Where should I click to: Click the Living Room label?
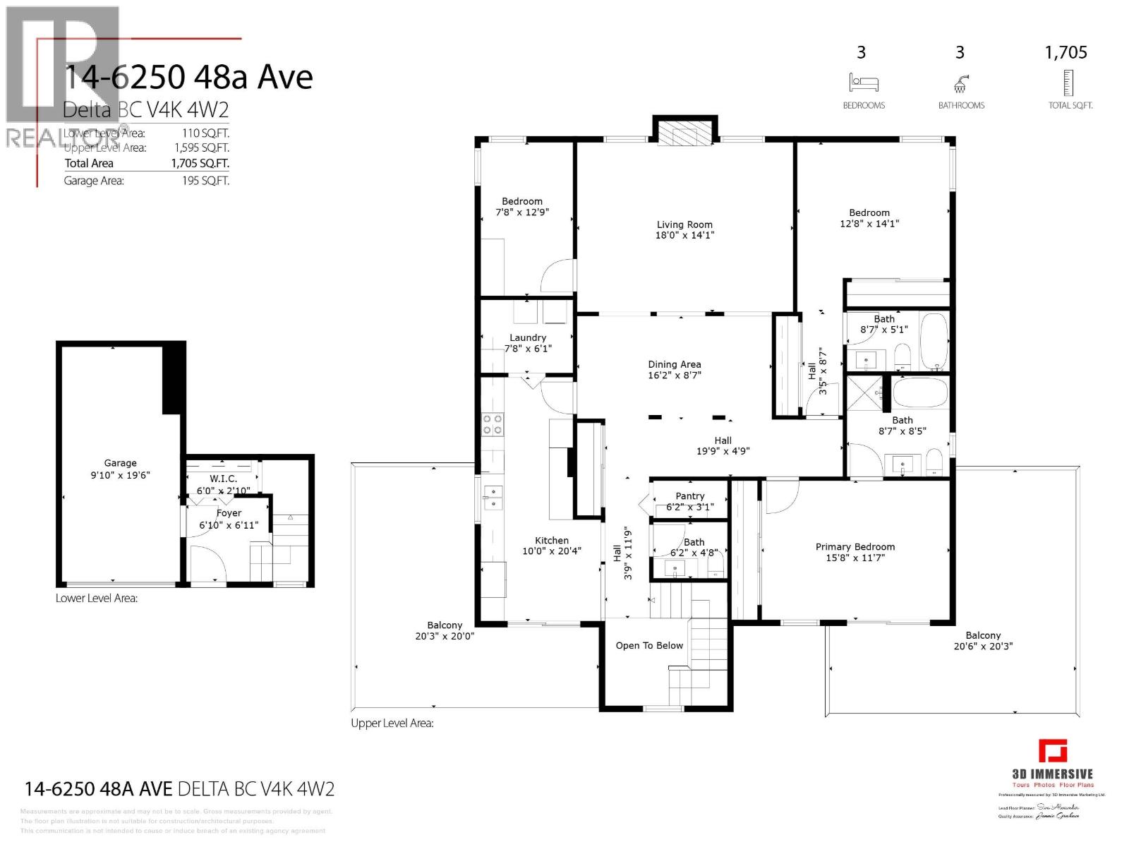(x=684, y=224)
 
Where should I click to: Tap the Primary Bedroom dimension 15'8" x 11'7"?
(x=855, y=558)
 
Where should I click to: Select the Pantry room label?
(x=689, y=496)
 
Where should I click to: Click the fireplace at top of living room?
(x=684, y=132)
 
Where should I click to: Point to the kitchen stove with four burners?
(x=492, y=423)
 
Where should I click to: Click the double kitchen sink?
(x=493, y=497)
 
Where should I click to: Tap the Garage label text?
(x=120, y=463)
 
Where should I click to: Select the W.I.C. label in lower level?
(x=223, y=479)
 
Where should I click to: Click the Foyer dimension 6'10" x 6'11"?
(x=229, y=525)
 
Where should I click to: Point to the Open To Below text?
(x=649, y=645)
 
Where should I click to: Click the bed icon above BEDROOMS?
(x=863, y=83)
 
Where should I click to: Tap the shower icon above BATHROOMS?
(x=960, y=84)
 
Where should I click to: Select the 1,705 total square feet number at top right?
(x=1065, y=52)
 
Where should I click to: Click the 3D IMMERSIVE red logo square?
(x=1052, y=751)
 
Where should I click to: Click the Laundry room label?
(x=528, y=337)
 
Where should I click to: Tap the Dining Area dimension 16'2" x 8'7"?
(x=675, y=376)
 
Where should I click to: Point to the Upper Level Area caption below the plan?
(x=392, y=723)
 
